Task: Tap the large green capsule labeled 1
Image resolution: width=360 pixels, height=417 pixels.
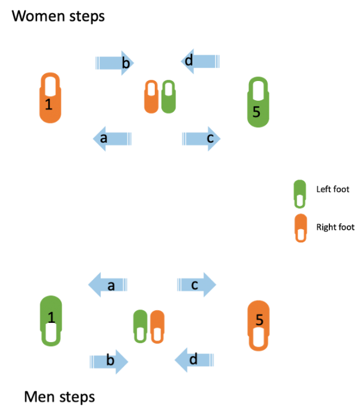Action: tap(51, 320)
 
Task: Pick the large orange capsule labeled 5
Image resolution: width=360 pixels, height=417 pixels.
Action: tap(259, 325)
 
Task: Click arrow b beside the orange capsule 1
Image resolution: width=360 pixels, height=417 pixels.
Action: tap(115, 63)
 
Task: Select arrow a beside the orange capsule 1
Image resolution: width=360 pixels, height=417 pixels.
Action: tap(112, 139)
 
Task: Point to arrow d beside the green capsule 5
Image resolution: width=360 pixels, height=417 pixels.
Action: tap(200, 61)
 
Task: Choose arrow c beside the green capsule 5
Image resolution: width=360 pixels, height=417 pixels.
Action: tap(202, 139)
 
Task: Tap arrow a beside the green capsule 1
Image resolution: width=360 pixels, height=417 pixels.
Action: tap(108, 285)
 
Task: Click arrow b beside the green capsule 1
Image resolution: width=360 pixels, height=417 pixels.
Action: tap(109, 361)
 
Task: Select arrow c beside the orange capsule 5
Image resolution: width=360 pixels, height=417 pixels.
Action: tap(196, 285)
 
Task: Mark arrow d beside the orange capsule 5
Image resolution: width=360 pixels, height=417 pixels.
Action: tap(194, 360)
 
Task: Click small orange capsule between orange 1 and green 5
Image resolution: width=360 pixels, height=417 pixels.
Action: tap(151, 97)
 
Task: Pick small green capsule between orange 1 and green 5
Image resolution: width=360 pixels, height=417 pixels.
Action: tap(169, 97)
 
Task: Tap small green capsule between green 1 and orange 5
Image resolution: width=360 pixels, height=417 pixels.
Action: tap(140, 326)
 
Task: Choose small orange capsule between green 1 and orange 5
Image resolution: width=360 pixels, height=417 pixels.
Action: tap(157, 326)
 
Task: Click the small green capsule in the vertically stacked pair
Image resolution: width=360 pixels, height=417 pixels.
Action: tap(299, 194)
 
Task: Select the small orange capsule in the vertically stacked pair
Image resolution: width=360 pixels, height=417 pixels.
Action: tap(301, 228)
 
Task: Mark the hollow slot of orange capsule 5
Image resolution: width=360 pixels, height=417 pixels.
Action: tap(259, 338)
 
